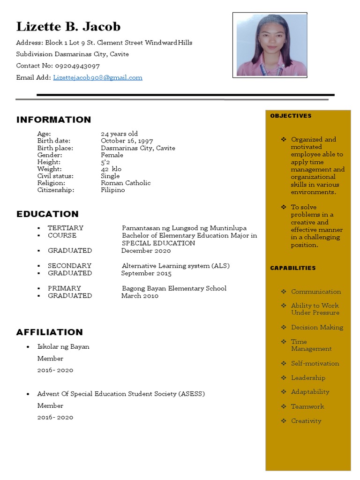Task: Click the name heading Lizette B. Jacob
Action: (68, 26)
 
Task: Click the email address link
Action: (97, 78)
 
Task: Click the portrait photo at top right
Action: (270, 45)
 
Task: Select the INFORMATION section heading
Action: (53, 120)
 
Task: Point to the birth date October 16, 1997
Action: (127, 141)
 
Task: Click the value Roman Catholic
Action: (126, 183)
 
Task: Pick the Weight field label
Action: (49, 169)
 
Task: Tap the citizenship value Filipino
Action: (113, 190)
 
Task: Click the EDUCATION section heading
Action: (47, 214)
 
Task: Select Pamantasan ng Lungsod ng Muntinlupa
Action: (184, 228)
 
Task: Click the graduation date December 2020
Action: (146, 250)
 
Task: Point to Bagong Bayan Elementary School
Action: (174, 288)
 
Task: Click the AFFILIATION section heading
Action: (49, 332)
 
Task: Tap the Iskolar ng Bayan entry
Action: (63, 347)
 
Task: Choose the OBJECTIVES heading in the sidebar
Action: (291, 116)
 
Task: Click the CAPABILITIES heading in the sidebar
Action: (293, 268)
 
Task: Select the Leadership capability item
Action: (308, 378)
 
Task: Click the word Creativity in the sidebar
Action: (306, 421)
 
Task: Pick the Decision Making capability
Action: (317, 327)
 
